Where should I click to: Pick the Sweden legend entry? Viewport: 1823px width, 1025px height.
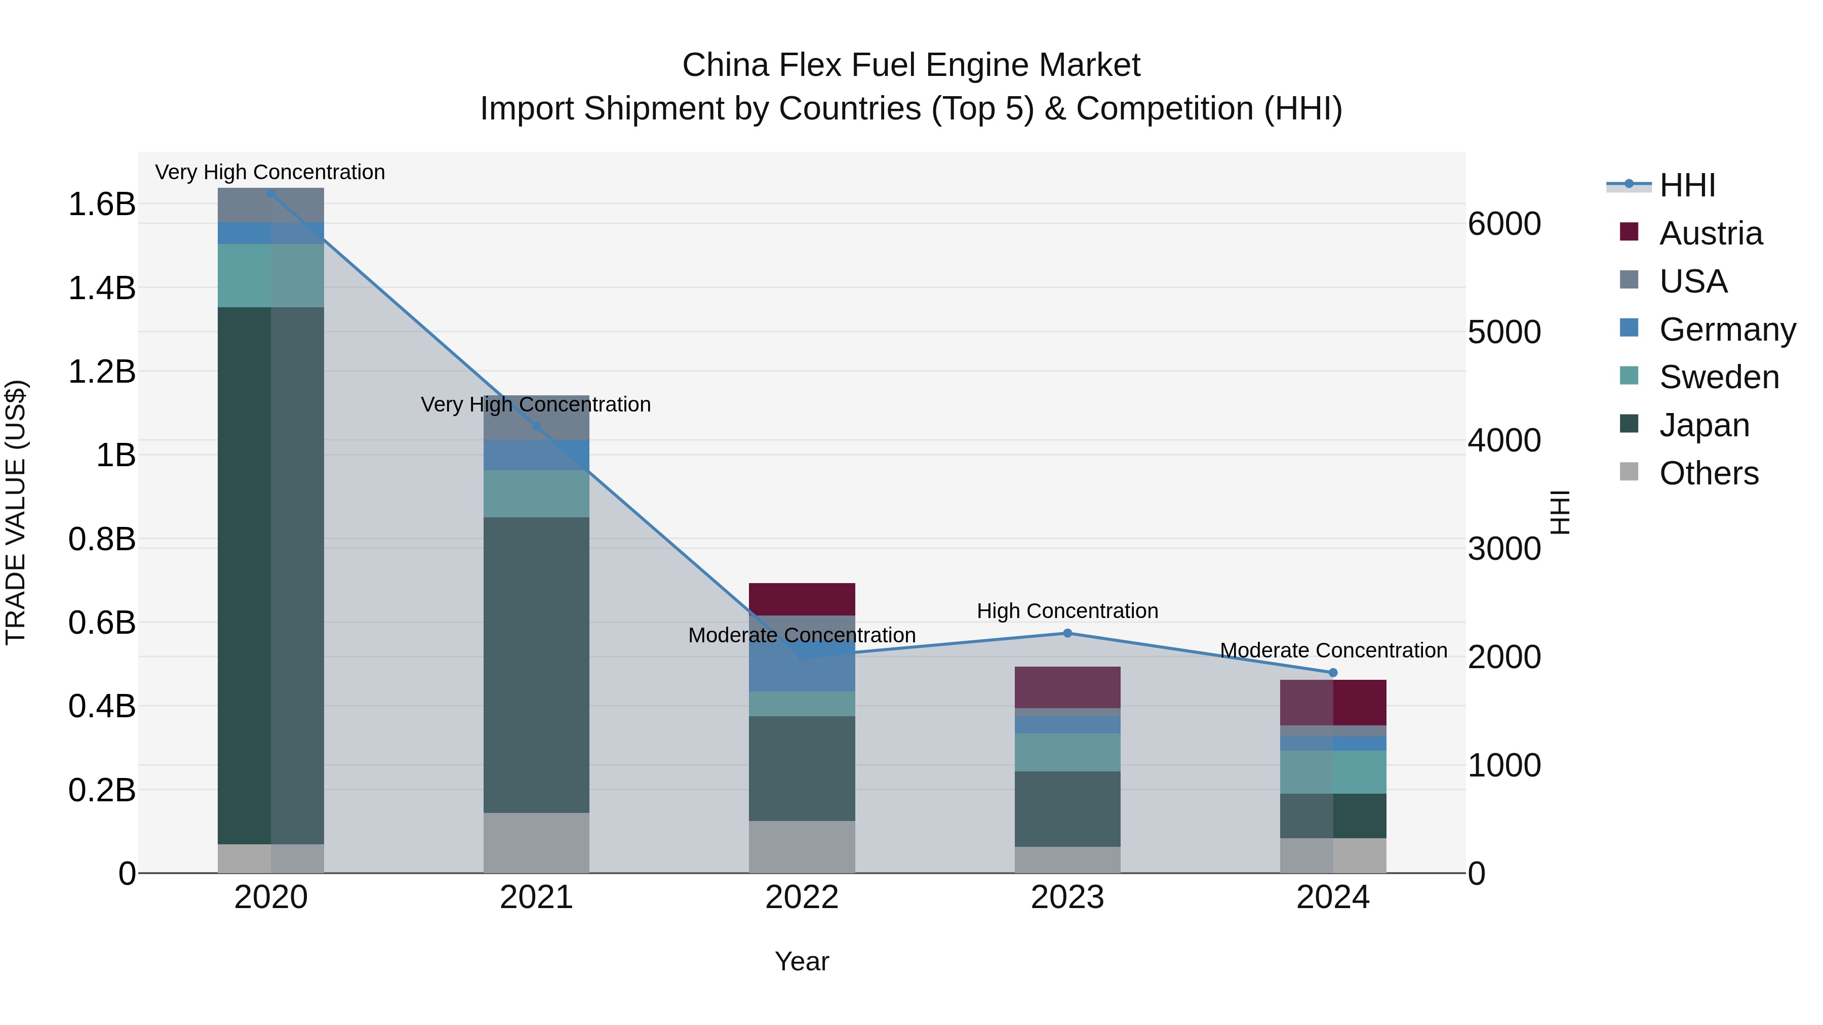tap(1718, 377)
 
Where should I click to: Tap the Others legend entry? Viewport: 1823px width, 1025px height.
tap(1709, 473)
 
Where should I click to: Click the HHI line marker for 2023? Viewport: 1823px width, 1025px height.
tap(1067, 633)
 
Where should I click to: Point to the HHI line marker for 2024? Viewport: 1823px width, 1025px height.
tap(1333, 673)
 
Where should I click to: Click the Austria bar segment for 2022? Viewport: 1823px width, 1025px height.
tap(802, 599)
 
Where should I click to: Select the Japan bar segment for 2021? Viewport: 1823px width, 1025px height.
tap(536, 665)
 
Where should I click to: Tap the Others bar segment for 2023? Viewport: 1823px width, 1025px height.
tap(1067, 859)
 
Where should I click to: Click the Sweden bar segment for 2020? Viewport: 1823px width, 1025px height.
tap(270, 276)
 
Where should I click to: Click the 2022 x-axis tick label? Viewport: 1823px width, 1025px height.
tap(802, 897)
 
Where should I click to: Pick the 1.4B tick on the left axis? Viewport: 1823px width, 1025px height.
tap(102, 289)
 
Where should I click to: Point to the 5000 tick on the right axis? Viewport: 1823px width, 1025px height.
tap(1504, 333)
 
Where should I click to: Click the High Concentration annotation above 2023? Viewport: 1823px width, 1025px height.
tap(1067, 611)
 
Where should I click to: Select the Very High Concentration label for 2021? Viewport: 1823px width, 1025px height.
tap(536, 404)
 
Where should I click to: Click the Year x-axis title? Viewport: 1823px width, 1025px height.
tap(802, 961)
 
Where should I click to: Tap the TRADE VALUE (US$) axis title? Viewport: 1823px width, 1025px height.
tap(16, 512)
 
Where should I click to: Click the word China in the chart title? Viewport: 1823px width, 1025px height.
tap(725, 66)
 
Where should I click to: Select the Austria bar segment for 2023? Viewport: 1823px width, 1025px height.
tap(1067, 687)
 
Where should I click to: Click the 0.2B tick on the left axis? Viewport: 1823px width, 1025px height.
tap(102, 790)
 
